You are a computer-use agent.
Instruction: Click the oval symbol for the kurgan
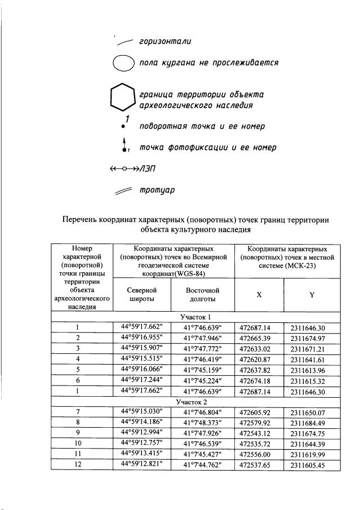tap(122, 64)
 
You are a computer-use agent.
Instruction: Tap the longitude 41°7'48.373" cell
tap(203, 423)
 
